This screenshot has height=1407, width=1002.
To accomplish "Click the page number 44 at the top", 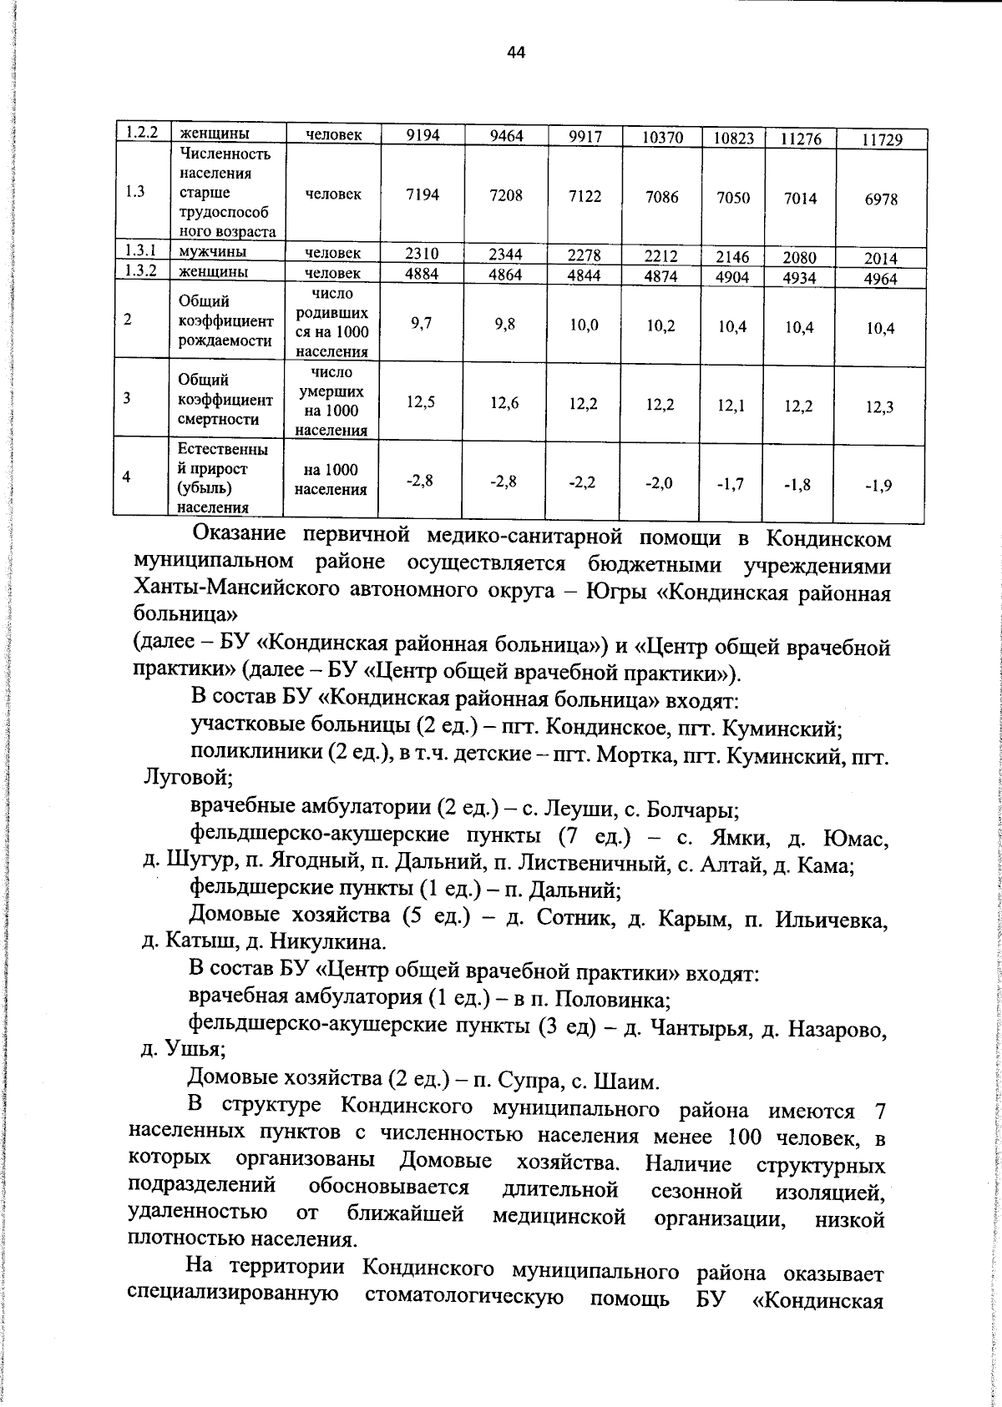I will [x=515, y=53].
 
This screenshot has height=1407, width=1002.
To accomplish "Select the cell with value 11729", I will [x=882, y=140].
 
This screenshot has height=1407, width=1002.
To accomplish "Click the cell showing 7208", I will [x=506, y=195].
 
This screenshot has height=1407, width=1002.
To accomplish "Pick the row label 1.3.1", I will [x=141, y=250].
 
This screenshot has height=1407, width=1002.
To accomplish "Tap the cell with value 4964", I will [x=880, y=279].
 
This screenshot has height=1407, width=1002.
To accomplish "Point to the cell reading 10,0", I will [x=584, y=325].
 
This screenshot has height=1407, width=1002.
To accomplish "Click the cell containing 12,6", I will [x=504, y=404].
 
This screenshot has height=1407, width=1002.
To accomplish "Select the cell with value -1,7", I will [x=731, y=483].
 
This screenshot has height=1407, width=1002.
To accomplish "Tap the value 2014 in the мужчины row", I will [x=880, y=259].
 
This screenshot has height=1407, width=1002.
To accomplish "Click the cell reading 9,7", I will [x=422, y=324].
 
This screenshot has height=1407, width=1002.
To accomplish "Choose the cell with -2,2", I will [x=582, y=482].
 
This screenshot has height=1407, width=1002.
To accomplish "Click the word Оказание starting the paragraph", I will [x=239, y=534].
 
